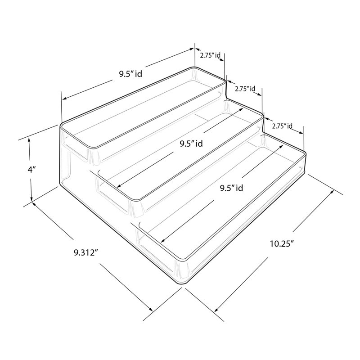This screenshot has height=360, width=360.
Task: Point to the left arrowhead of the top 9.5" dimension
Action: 64,99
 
